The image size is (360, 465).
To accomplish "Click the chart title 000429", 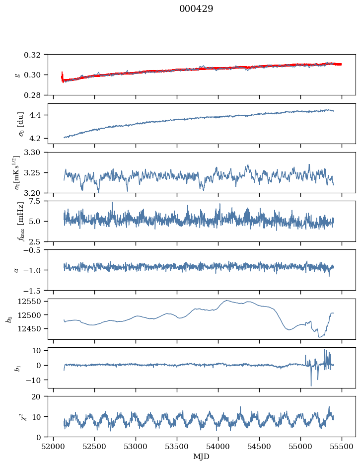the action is [x=196, y=8].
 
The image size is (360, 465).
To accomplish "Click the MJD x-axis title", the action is [x=201, y=456].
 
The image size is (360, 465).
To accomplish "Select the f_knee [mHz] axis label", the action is [x=20, y=222].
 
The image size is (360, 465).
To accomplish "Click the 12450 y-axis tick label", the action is [x=29, y=329].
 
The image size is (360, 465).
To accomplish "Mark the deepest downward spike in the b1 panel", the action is [x=311, y=386].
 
